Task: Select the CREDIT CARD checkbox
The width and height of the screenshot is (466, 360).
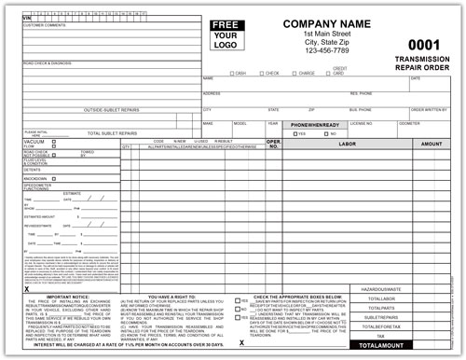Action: (323, 73)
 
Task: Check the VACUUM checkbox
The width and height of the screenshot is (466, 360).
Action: (53, 142)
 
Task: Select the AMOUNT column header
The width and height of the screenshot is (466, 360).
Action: (432, 145)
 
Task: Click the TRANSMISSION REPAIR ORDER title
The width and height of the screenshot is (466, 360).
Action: (422, 62)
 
